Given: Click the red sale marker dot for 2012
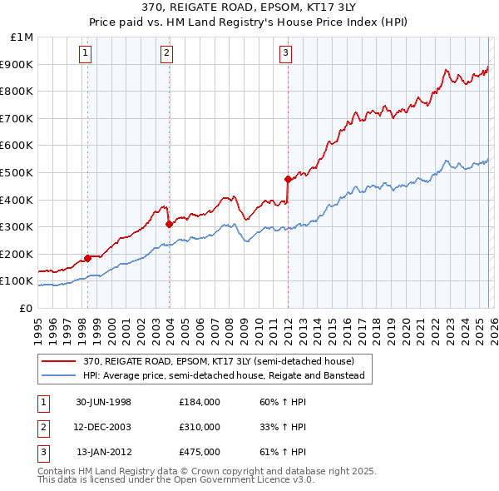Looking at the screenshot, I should pyautogui.click(x=288, y=179).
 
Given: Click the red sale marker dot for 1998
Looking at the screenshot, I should pyautogui.click(x=87, y=258).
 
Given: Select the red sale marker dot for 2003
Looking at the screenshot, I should pyautogui.click(x=169, y=223).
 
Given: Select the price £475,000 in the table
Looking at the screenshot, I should pyautogui.click(x=200, y=452).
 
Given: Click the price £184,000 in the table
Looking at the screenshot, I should pyautogui.click(x=200, y=402).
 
